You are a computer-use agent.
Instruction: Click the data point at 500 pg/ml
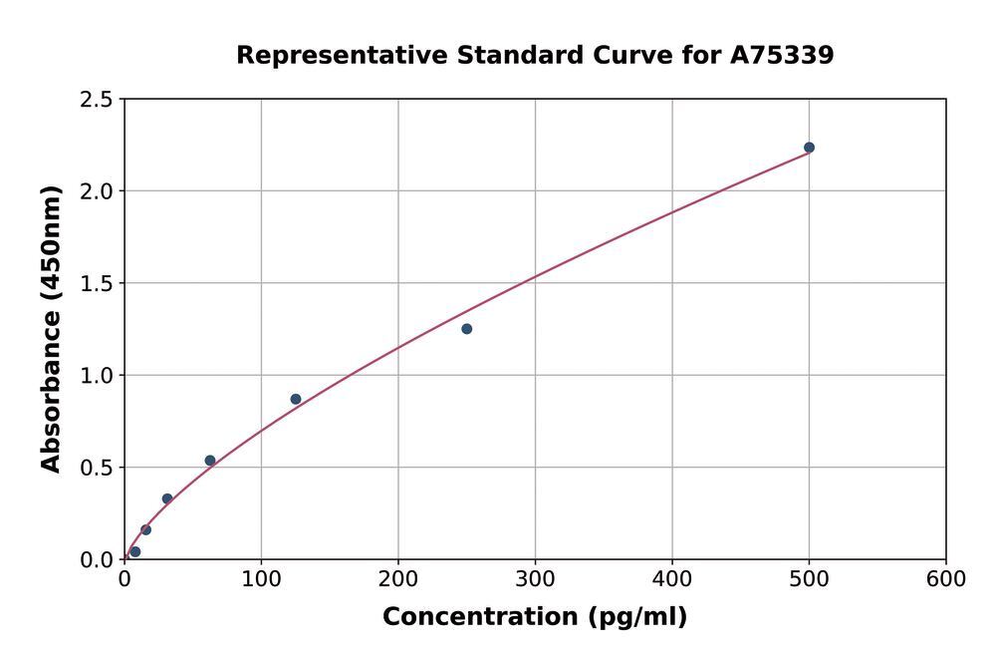click(809, 148)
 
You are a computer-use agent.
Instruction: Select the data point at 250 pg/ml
click(466, 329)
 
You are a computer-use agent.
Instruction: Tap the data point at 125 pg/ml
click(296, 399)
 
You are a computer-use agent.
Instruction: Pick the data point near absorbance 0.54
click(210, 461)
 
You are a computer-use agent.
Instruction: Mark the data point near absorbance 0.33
click(167, 498)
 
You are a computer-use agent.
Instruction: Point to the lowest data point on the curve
click(135, 551)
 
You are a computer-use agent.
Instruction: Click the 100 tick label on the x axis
click(261, 579)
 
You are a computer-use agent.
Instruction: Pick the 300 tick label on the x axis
click(535, 579)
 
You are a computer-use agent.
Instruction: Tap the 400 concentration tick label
click(672, 579)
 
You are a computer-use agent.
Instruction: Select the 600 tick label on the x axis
click(945, 579)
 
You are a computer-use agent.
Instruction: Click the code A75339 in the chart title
click(782, 56)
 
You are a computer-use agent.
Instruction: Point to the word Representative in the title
click(342, 56)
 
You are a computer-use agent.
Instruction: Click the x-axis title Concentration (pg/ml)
click(535, 617)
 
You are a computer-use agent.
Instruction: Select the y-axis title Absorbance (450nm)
click(52, 329)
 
